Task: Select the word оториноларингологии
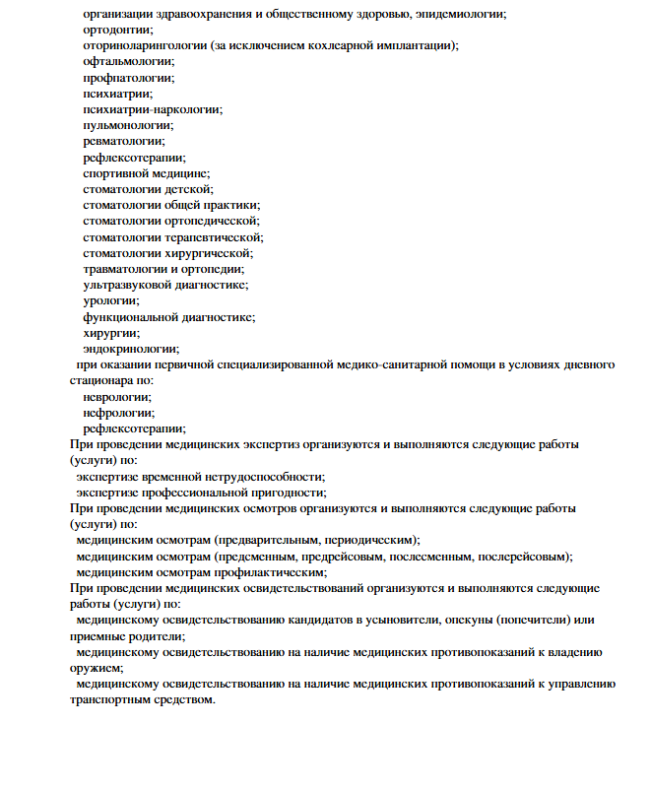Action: (145, 46)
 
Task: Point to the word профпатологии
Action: (128, 78)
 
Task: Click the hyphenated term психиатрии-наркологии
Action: (152, 109)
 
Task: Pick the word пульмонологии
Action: (128, 125)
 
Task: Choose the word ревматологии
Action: (123, 141)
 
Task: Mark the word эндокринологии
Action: (130, 348)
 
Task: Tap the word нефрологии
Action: (118, 412)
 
